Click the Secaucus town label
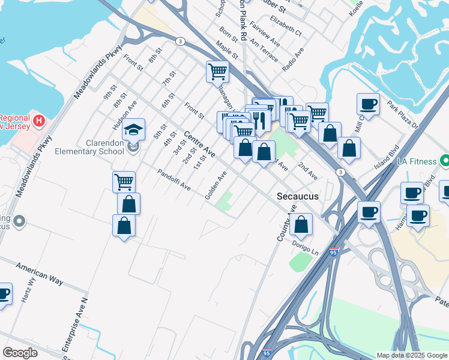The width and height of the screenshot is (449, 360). click(297, 196)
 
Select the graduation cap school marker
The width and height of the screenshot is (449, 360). click(134, 129)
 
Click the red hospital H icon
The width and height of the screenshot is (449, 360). click(40, 121)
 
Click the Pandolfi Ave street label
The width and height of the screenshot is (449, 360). click(173, 179)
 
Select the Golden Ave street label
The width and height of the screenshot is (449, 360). click(216, 185)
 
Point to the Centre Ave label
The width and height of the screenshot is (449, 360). click(199, 144)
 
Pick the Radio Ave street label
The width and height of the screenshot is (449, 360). click(292, 61)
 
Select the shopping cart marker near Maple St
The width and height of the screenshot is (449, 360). click(217, 72)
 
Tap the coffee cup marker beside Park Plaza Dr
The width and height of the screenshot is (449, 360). click(368, 104)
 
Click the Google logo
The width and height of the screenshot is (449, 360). click(20, 353)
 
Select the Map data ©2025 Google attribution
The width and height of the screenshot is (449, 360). click(411, 355)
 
